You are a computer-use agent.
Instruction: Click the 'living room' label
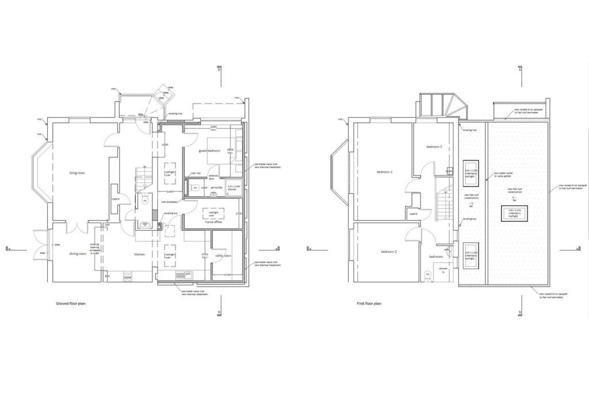77,173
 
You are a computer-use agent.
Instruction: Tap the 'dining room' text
78,253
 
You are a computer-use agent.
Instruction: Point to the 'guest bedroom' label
210,151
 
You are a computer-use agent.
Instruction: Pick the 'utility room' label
223,255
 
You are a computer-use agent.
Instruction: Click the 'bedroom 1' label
385,173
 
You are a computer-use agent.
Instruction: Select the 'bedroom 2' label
388,252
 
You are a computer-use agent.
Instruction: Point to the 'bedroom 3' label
434,147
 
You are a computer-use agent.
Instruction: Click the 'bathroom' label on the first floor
435,257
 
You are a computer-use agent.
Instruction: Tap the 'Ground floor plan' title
71,303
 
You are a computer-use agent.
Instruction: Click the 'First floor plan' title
369,303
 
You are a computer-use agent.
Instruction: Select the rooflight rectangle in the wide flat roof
515,212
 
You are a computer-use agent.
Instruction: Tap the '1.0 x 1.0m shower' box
233,188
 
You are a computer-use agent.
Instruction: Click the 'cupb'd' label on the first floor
413,213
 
